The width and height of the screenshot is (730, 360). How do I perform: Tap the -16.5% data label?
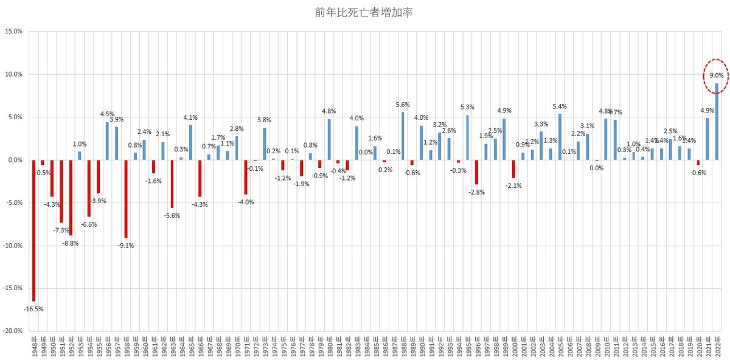point(33,309)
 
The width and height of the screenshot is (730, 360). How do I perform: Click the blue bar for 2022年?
point(717,121)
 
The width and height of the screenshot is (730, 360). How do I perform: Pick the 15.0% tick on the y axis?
point(14,32)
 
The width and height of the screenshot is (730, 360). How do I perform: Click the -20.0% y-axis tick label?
point(13,331)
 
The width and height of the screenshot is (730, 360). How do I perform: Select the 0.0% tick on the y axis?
point(14,160)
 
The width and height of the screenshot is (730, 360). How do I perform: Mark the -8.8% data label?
point(70,243)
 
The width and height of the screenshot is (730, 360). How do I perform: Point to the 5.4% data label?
point(560,106)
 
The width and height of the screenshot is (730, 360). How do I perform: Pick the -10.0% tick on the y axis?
point(13,246)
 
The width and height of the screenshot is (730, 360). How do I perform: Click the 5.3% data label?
point(467,108)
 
